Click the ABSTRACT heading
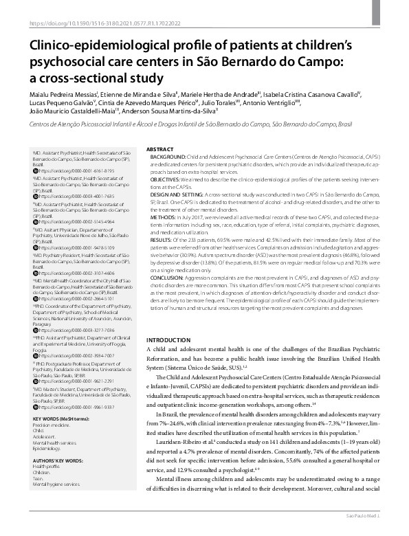pyautogui.click(x=160, y=149)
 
